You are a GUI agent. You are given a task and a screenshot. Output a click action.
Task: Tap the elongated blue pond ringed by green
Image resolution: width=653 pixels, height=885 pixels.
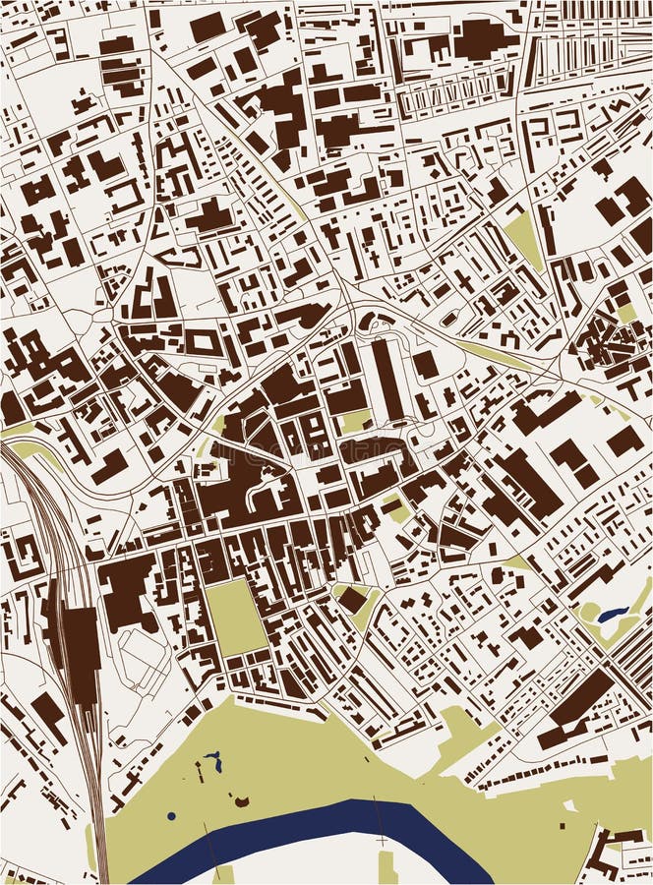coord(613,615)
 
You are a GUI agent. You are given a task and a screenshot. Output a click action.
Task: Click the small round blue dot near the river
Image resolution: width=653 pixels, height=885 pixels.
coord(171,816)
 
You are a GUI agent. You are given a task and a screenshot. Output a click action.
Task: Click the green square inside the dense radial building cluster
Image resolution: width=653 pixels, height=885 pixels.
coord(626,313)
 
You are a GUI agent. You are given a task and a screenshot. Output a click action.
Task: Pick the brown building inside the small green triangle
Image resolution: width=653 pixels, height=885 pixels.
coord(351,598)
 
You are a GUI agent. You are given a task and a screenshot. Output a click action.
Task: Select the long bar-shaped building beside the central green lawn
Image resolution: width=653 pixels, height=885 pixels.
coord(385,379)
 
